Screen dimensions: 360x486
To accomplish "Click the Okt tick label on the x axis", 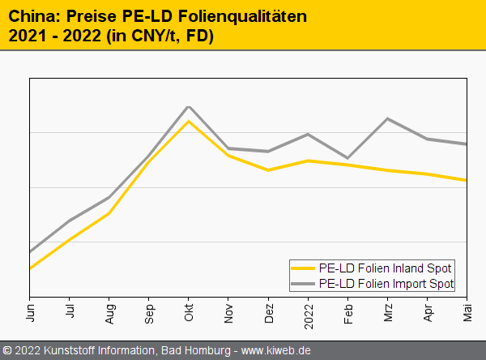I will (x=190, y=312).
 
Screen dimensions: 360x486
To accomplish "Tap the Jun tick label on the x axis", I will (x=31, y=312).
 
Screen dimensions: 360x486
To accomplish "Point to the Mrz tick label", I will (x=388, y=312).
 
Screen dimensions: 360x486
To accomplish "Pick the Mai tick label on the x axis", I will (x=467, y=312).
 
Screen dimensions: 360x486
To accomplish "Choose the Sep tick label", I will (x=150, y=312).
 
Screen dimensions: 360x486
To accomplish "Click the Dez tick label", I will (x=269, y=312).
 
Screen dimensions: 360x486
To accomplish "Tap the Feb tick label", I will (x=348, y=312).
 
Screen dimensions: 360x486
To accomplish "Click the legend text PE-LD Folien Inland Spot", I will (x=386, y=268).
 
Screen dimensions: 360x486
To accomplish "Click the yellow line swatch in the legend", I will (x=304, y=268).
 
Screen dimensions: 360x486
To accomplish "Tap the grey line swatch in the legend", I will (x=304, y=283).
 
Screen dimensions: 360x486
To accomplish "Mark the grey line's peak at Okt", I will (x=189, y=107).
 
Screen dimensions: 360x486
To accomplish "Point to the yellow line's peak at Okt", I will (x=189, y=122).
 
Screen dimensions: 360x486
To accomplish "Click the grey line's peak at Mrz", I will (x=388, y=119).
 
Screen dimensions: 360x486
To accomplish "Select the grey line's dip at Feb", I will (x=348, y=158).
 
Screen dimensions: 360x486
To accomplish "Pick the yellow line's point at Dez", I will (x=268, y=170).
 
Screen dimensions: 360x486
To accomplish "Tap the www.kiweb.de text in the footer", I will (x=276, y=350).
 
